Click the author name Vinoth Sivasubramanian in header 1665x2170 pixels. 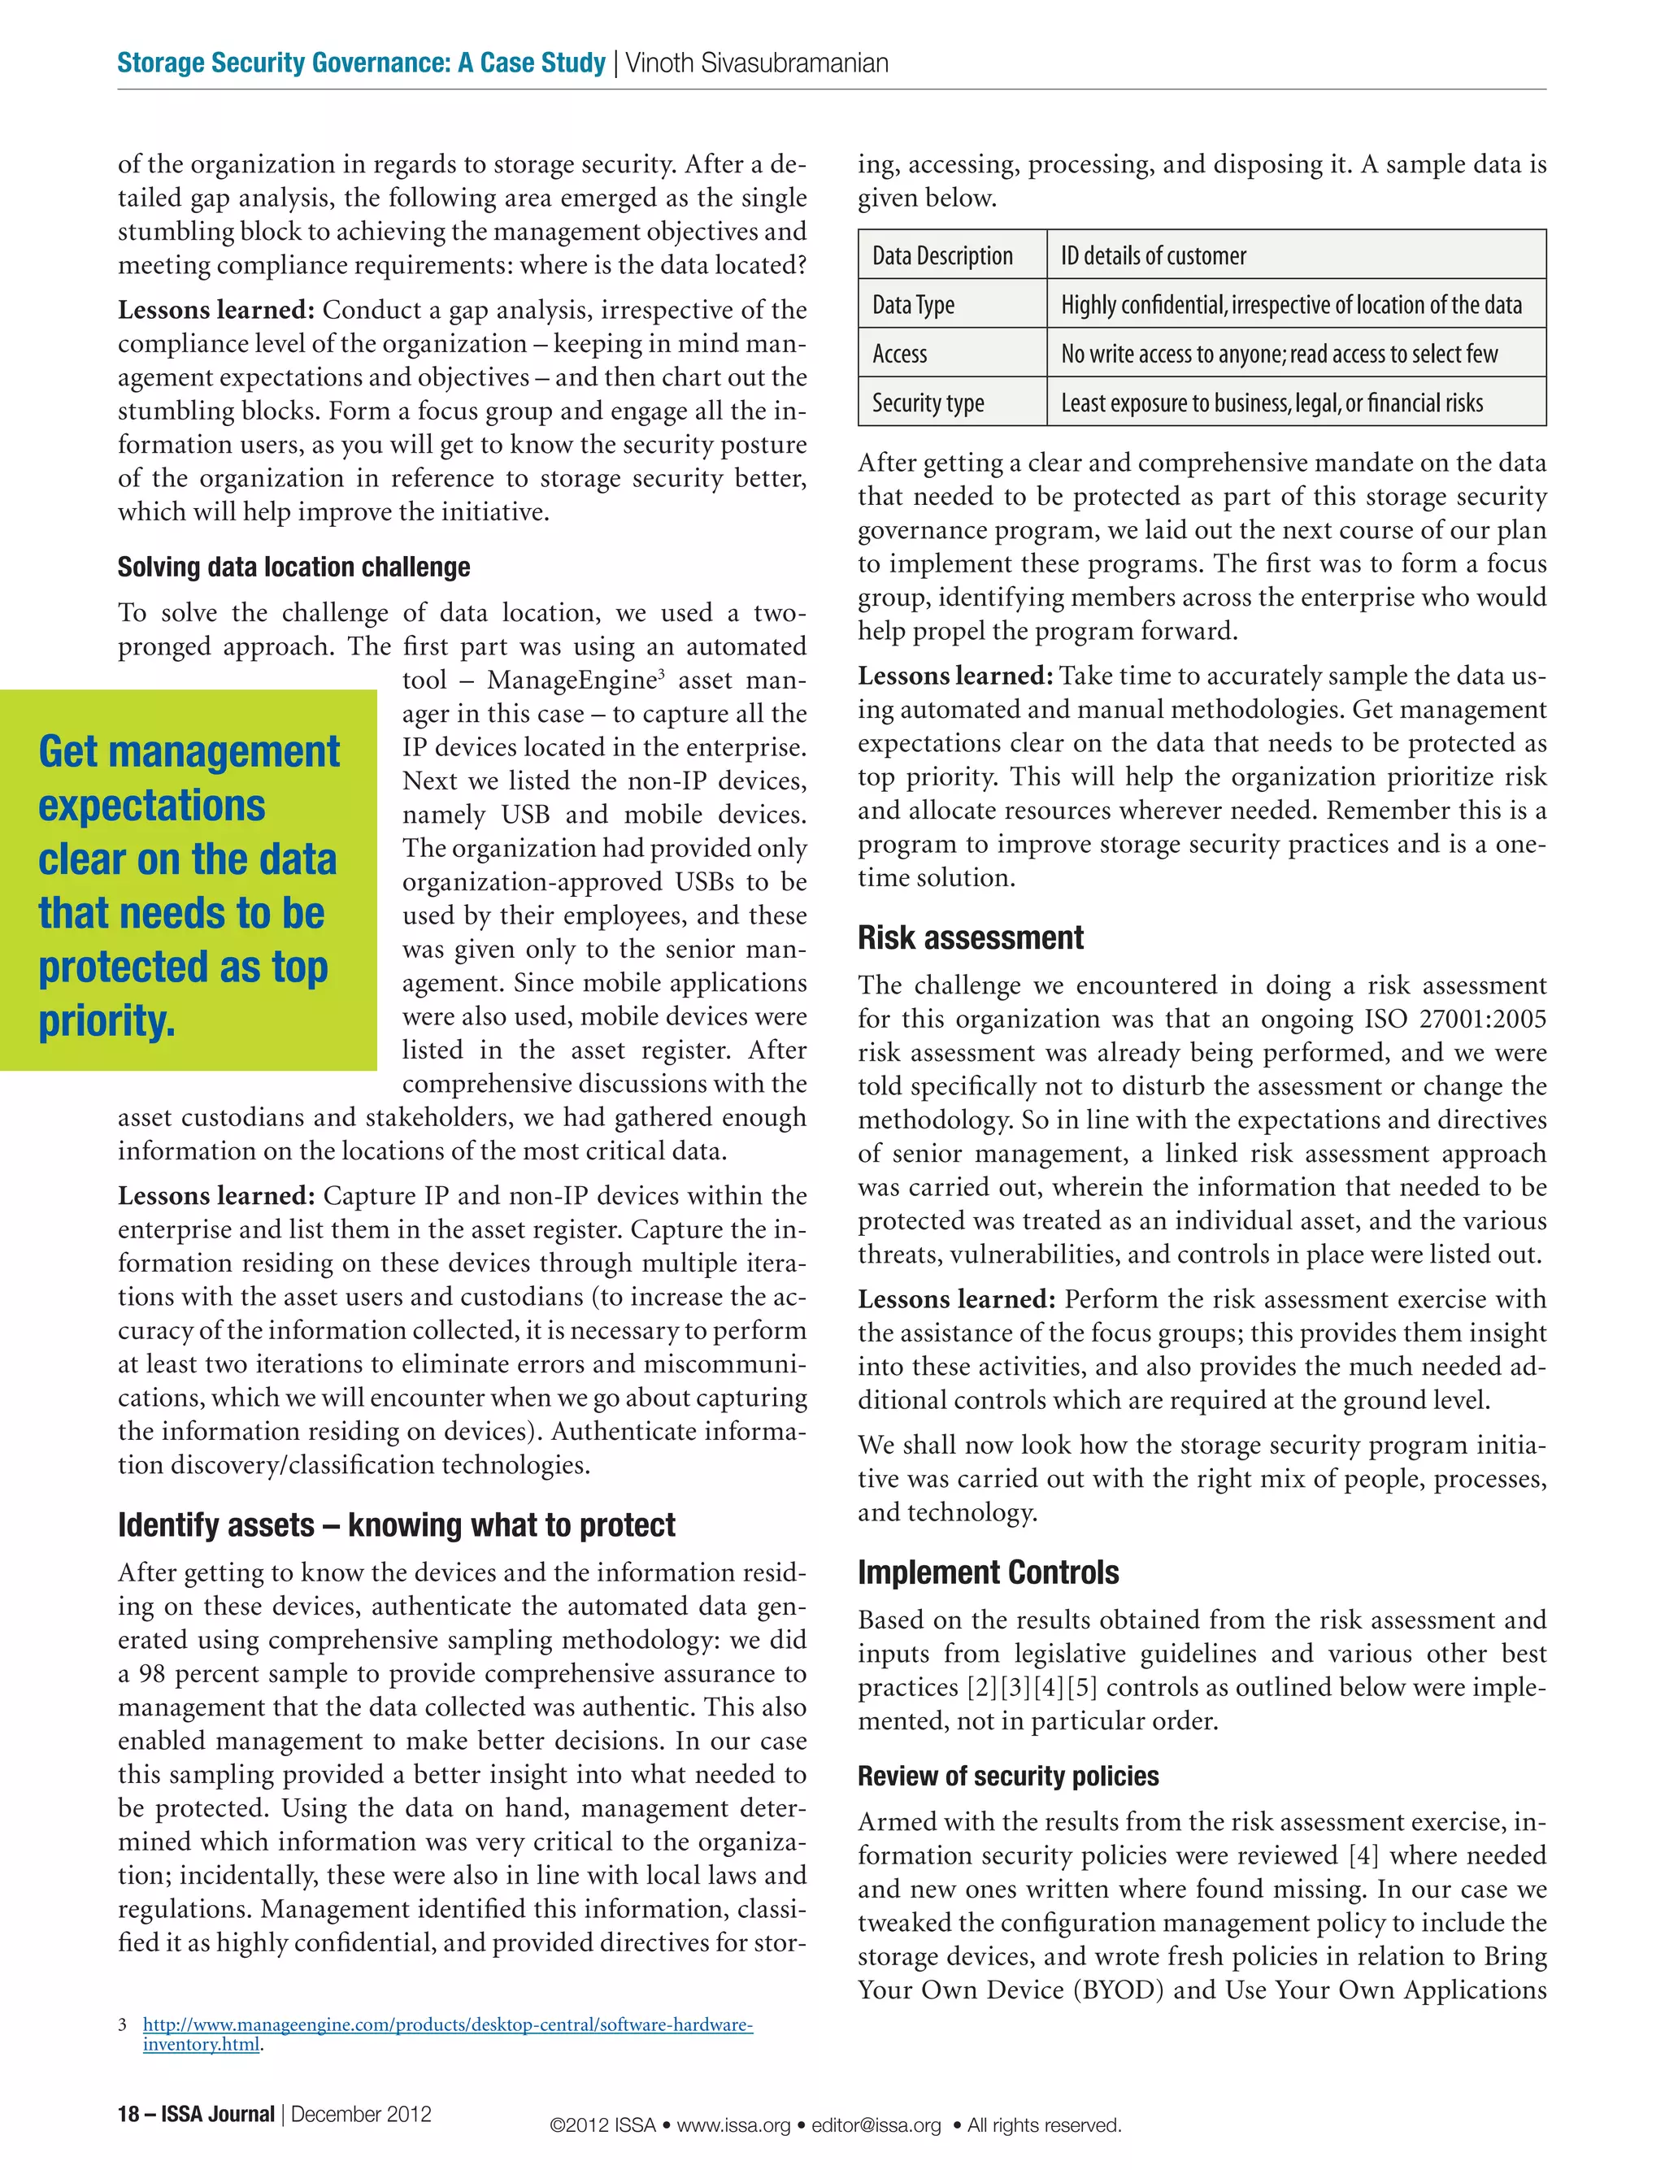(x=756, y=63)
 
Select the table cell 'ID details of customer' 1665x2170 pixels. (x=1153, y=255)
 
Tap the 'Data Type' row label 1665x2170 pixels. (x=913, y=304)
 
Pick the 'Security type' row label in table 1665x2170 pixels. (x=928, y=402)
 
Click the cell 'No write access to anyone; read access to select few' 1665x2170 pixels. (x=1279, y=354)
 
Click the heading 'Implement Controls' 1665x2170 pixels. (x=987, y=1572)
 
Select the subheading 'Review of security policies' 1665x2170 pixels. (x=1008, y=1776)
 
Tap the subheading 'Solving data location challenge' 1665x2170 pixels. (x=293, y=567)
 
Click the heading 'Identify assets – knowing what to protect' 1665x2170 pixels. (x=397, y=1525)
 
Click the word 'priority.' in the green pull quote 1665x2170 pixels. (x=107, y=1020)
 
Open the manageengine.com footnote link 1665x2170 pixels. (x=447, y=2024)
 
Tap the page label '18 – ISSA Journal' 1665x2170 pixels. (x=195, y=2114)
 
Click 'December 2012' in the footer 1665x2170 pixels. (x=361, y=2114)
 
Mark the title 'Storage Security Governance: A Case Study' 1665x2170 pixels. (x=361, y=63)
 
